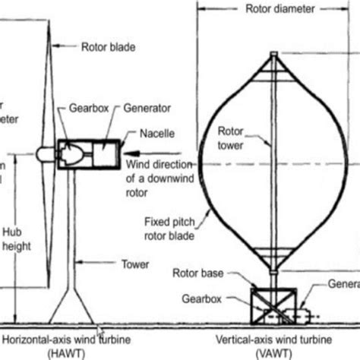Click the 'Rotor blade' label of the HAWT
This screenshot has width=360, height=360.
(108, 47)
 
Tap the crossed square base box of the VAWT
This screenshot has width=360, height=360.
(272, 303)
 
